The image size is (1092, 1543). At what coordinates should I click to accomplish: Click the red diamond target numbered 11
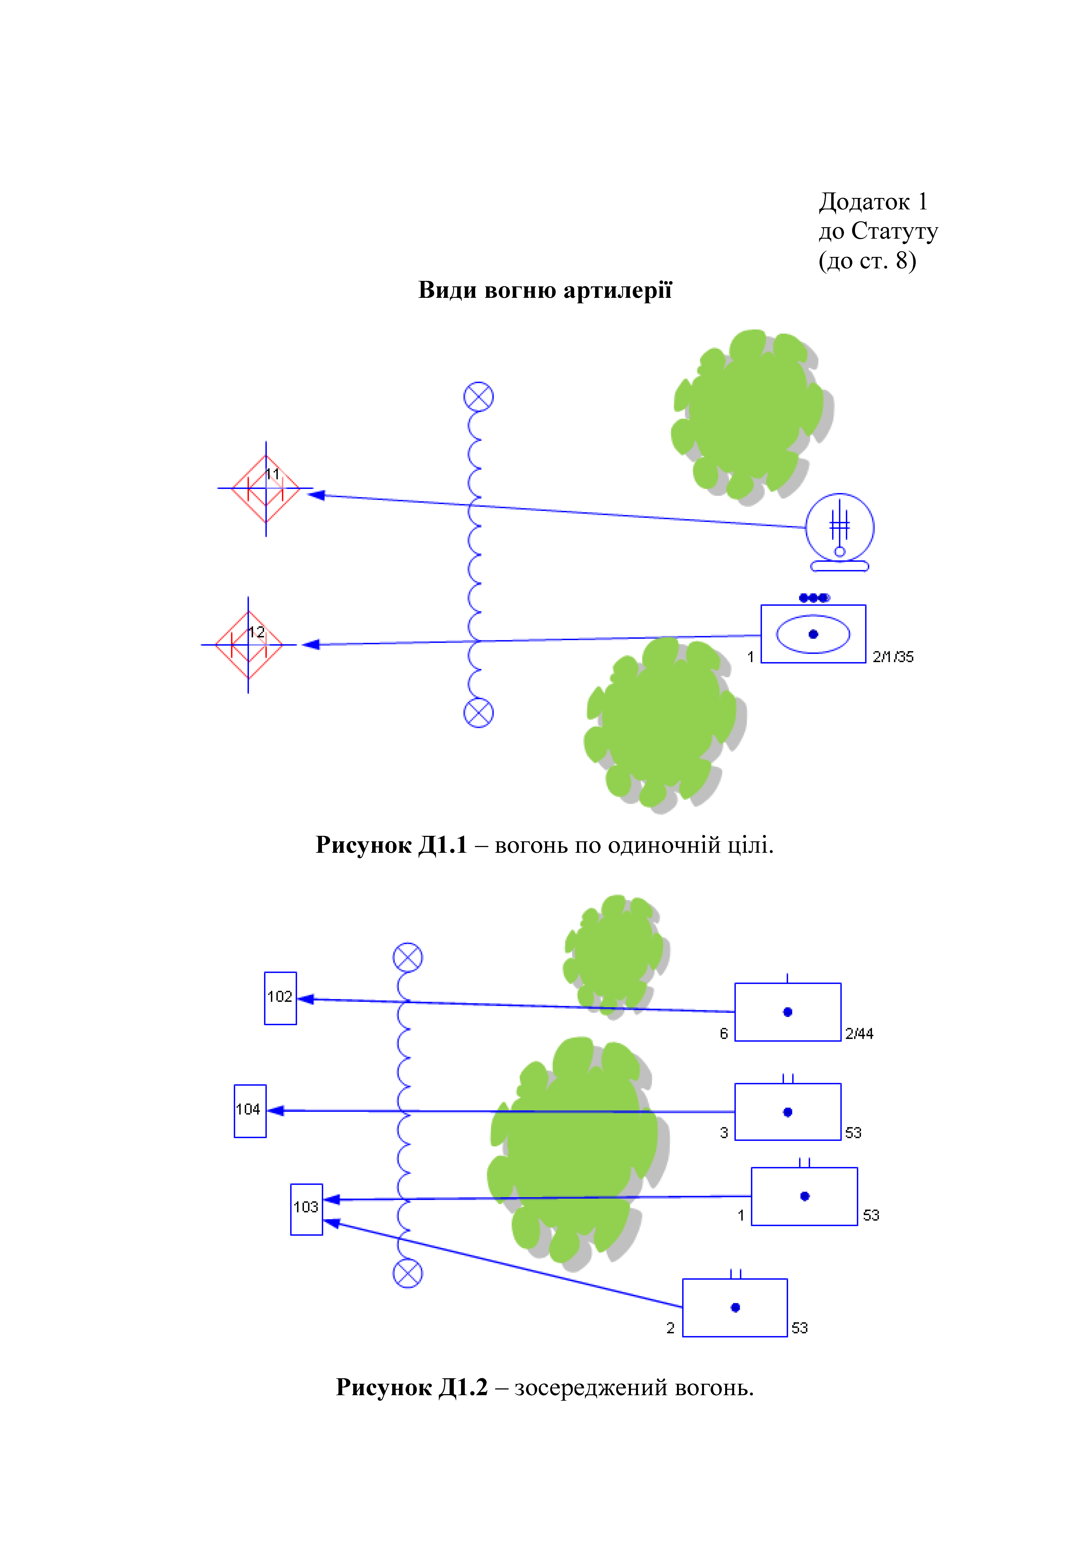pos(266,489)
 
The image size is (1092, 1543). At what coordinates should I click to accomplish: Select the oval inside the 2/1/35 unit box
pos(813,634)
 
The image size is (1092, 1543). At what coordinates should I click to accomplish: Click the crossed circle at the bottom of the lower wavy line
pos(408,1274)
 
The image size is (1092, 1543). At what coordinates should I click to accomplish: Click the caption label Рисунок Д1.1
pos(391,845)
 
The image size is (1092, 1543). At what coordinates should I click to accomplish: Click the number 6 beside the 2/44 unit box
pos(724,1034)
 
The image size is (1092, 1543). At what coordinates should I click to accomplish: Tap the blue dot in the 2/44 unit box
pos(787,1012)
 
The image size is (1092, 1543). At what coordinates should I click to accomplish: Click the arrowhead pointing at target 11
pos(316,495)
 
